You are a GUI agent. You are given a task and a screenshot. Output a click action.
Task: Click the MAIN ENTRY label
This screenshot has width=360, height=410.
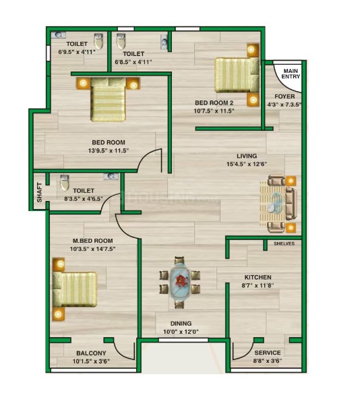pyautogui.click(x=291, y=74)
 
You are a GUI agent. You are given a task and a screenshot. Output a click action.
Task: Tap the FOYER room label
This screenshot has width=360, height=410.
pyautogui.click(x=284, y=96)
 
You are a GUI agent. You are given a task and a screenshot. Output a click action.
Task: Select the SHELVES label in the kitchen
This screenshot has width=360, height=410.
pyautogui.click(x=284, y=243)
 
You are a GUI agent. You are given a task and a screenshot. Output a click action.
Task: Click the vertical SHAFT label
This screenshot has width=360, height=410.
pyautogui.click(x=40, y=192)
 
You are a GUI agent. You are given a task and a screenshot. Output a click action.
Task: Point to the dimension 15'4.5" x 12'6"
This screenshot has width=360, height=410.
pyautogui.click(x=247, y=165)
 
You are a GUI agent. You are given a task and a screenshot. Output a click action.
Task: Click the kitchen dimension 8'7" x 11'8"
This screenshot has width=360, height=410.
pyautogui.click(x=258, y=285)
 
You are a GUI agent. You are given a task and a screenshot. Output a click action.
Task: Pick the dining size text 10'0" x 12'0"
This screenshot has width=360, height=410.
pyautogui.click(x=181, y=332)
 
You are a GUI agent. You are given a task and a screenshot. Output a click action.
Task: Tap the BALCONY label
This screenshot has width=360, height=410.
pyautogui.click(x=91, y=353)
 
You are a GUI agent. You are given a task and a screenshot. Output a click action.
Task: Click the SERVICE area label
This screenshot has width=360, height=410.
pyautogui.click(x=268, y=353)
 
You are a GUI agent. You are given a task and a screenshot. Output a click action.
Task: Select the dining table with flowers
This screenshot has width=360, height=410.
pyautogui.click(x=179, y=282)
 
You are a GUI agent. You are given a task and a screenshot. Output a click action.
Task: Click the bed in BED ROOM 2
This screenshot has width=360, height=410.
pyautogui.click(x=237, y=75)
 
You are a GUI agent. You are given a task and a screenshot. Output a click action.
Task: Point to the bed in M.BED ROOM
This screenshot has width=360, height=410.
pyautogui.click(x=75, y=289)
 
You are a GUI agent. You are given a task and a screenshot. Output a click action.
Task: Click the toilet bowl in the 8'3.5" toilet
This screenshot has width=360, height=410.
pyautogui.click(x=65, y=183)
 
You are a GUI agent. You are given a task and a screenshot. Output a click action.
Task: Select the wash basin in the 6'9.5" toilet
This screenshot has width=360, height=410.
pyautogui.click(x=59, y=35)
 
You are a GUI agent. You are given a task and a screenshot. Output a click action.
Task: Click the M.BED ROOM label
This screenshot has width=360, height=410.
pyautogui.click(x=92, y=241)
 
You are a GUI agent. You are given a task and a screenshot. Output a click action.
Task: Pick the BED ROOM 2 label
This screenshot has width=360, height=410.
pyautogui.click(x=214, y=102)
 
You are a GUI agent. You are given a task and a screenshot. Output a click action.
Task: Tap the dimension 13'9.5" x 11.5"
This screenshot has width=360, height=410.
pyautogui.click(x=109, y=150)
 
